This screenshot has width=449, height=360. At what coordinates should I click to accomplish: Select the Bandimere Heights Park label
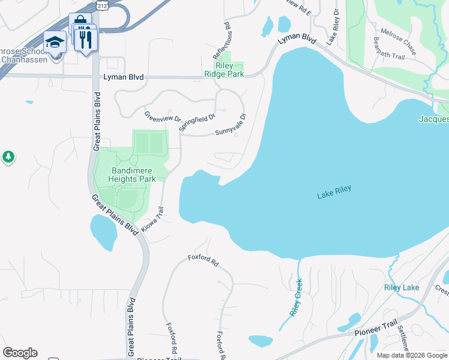tap(133, 175)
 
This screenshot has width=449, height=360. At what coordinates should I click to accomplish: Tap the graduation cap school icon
tap(55, 43)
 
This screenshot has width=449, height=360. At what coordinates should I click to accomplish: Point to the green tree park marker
tap(8, 157)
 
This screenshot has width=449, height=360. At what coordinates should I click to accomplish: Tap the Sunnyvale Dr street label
tap(230, 126)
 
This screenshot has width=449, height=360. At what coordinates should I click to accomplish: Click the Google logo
tap(20, 353)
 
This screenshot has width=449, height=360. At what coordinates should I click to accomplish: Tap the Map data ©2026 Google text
tap(412, 355)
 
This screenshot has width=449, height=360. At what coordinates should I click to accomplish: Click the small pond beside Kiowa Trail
tap(103, 232)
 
